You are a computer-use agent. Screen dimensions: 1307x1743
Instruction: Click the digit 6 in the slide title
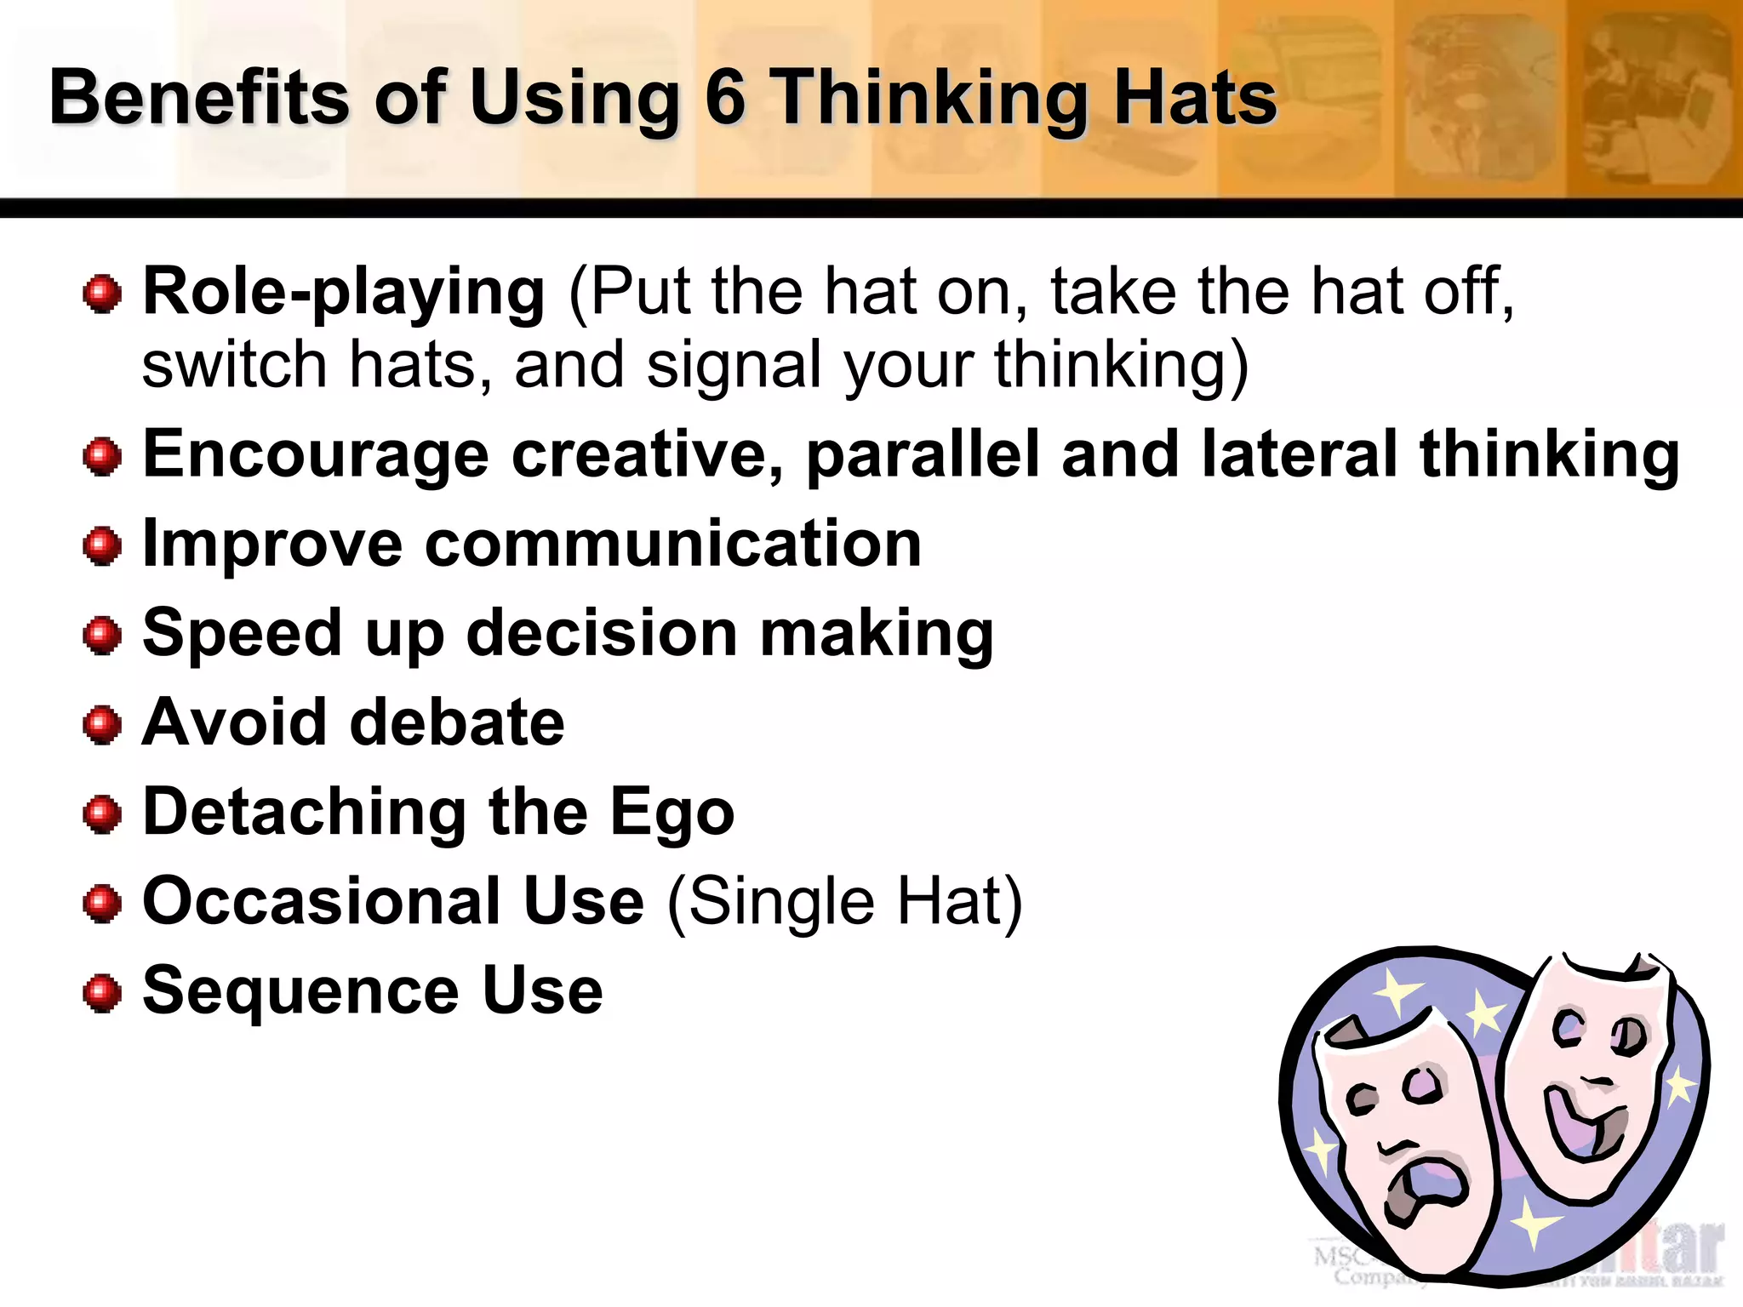click(725, 98)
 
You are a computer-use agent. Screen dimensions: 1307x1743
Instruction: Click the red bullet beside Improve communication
click(103, 545)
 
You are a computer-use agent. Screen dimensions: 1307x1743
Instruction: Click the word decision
click(602, 634)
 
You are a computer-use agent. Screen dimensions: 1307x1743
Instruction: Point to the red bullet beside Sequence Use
click(103, 993)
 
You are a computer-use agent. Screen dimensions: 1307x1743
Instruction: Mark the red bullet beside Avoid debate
click(103, 725)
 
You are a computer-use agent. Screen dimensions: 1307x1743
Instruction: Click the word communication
click(672, 545)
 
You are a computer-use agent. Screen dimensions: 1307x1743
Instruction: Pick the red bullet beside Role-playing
click(103, 294)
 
